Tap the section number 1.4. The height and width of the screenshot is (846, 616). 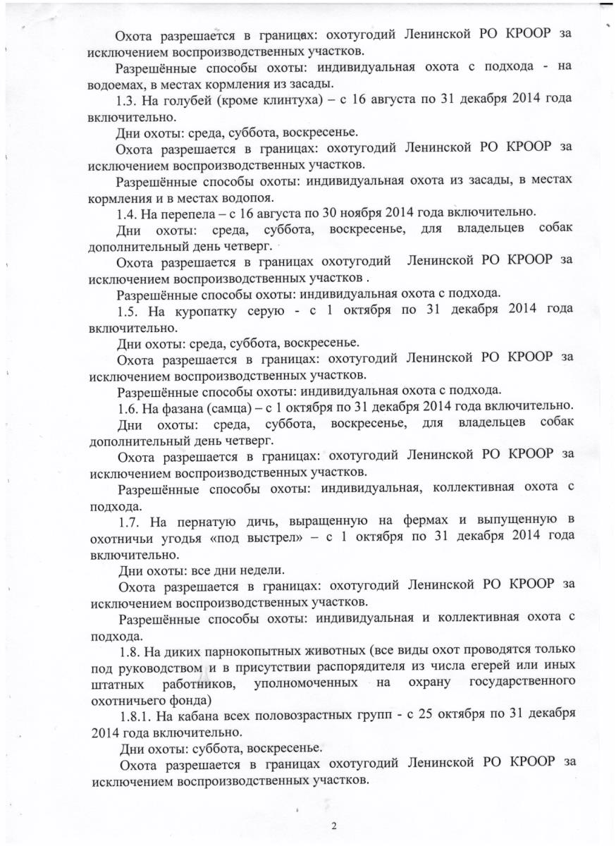pyautogui.click(x=128, y=213)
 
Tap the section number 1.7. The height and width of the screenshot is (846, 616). pyautogui.click(x=131, y=521)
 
